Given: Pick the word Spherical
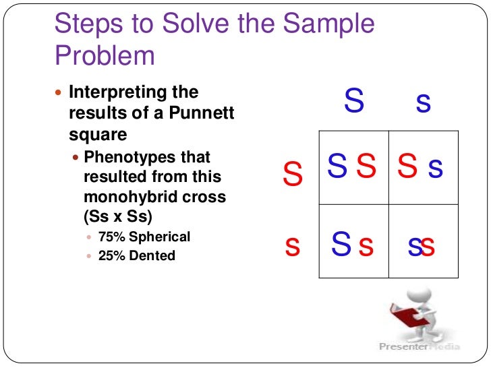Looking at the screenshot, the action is coord(160,237).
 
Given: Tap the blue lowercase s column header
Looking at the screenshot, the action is coord(424,102).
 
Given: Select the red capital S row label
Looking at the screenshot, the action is coord(293,174).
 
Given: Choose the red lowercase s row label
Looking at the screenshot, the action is coord(292,247).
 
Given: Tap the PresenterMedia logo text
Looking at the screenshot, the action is coord(418,346).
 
